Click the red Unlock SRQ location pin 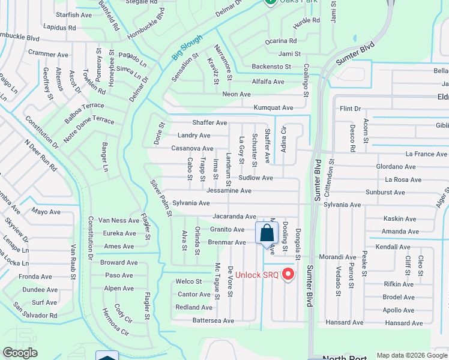tap(288, 274)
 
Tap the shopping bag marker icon tap(266, 233)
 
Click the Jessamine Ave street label tap(229, 191)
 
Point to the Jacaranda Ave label tap(234, 217)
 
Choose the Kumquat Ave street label tap(273, 108)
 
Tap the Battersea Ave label tap(212, 321)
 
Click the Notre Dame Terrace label tap(89, 121)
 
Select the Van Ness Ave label tap(118, 220)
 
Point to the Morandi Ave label tap(337, 257)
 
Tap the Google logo tap(20, 353)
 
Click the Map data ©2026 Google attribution tap(412, 355)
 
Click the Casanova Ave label tap(192, 148)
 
